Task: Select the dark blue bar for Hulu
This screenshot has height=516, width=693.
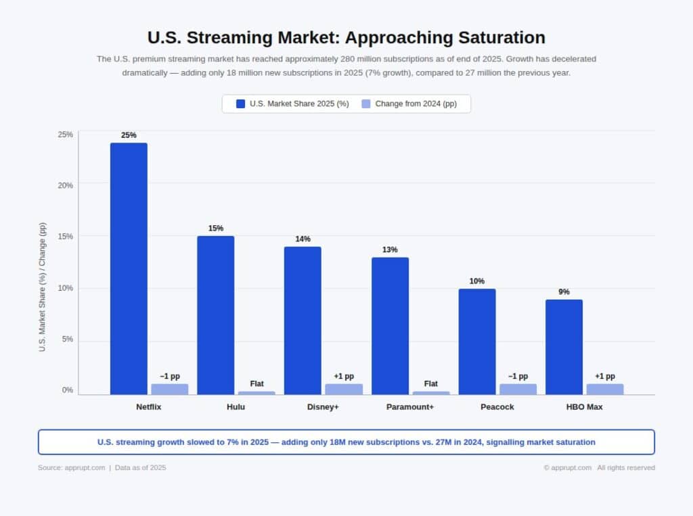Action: (216, 315)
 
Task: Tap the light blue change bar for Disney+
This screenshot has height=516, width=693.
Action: (344, 389)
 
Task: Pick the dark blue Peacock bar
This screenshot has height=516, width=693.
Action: (477, 342)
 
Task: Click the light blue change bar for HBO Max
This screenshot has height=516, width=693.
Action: (605, 389)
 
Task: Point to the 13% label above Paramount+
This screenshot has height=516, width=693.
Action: (390, 250)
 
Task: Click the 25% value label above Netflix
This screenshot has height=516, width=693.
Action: (129, 135)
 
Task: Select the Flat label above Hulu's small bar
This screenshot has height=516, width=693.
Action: (257, 383)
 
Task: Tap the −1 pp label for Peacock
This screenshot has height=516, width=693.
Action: (518, 376)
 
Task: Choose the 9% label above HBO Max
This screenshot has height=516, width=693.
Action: (564, 292)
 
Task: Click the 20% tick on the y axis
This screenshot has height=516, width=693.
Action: (65, 185)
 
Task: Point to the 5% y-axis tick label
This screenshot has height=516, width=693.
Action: (67, 339)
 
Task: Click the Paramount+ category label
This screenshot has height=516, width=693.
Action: (410, 407)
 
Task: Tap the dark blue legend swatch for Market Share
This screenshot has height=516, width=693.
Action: (240, 103)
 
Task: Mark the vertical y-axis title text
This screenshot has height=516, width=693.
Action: (43, 287)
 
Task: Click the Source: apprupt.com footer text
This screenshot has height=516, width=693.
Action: (71, 467)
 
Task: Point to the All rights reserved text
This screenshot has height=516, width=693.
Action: (626, 467)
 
